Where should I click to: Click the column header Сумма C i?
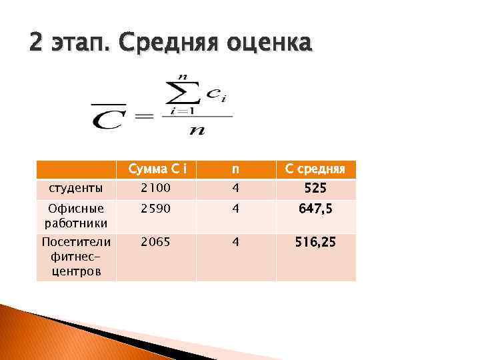coord(155,169)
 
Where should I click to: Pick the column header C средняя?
coord(315,169)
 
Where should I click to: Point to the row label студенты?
coord(67,189)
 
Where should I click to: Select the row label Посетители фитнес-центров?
coord(75,256)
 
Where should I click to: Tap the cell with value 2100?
coord(154,189)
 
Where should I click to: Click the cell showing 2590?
coord(154,209)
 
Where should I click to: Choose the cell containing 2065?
coord(154,243)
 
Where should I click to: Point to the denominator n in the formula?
coord(197,129)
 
